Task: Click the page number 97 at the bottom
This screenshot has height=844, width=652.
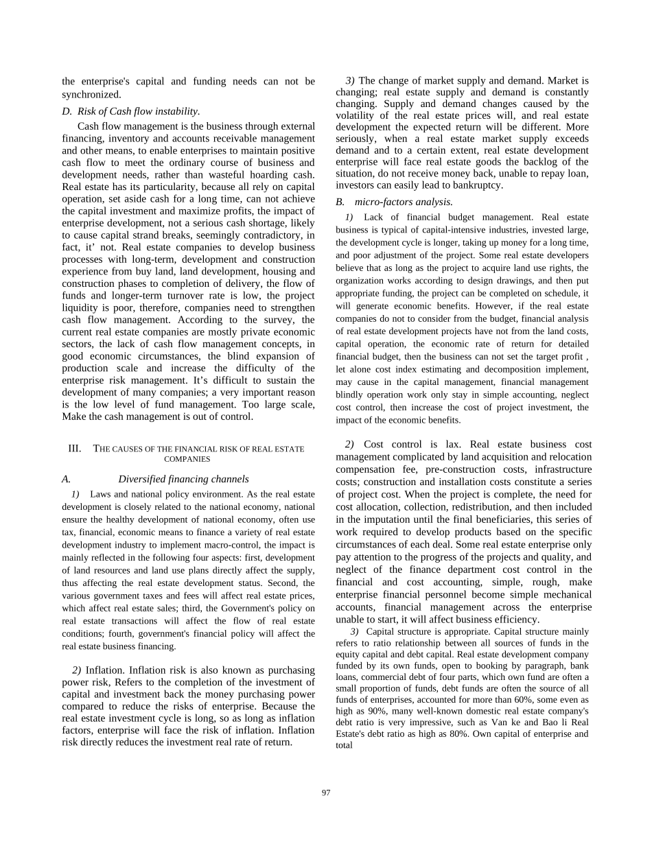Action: point(326,793)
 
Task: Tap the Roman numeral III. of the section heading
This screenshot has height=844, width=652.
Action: point(75,449)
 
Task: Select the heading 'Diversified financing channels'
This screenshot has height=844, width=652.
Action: point(183,479)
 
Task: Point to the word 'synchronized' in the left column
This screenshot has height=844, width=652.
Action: point(91,94)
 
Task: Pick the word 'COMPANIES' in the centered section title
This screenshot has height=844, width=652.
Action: point(187,459)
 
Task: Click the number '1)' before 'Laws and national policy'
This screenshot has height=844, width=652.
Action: point(75,494)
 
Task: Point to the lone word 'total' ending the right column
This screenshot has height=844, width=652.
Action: point(344,745)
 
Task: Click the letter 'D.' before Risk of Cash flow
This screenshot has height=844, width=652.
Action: point(67,111)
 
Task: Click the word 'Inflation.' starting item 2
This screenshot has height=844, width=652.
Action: point(106,670)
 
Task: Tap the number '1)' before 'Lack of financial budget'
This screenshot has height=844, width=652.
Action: point(349,218)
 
